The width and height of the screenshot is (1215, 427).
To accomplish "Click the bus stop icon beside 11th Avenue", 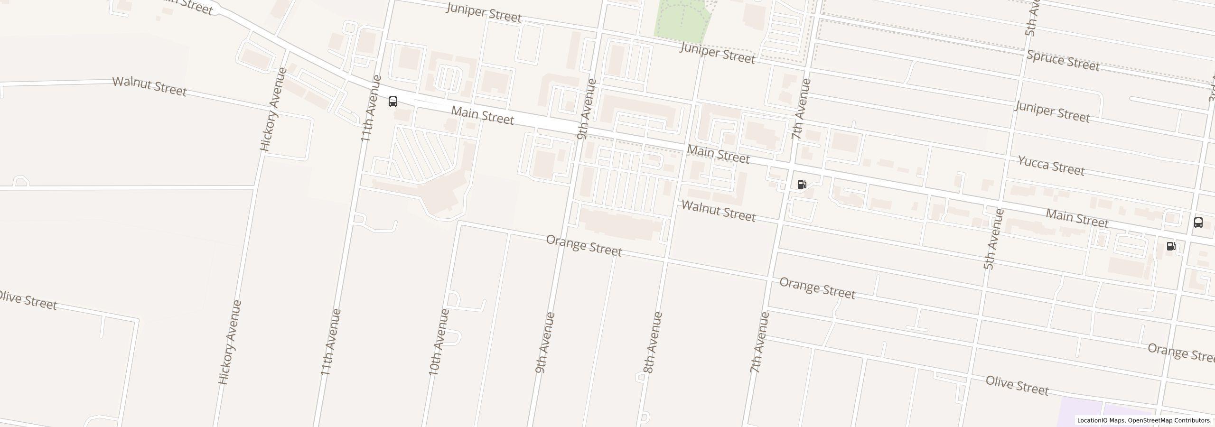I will click(x=393, y=101).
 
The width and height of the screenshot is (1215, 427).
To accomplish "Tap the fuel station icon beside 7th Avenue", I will click(x=802, y=185).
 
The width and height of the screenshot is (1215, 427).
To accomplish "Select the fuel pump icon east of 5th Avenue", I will click(x=1171, y=246).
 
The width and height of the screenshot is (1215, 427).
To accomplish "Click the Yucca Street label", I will click(x=1051, y=166).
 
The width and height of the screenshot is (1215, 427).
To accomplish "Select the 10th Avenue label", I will click(x=439, y=342).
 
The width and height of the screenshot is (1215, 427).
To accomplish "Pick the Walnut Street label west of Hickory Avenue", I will click(x=150, y=86).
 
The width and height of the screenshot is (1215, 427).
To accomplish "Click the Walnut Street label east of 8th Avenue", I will click(x=719, y=211).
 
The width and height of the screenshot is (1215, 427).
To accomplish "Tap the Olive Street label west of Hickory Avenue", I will click(x=28, y=300).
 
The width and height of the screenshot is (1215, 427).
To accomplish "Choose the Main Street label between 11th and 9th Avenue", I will click(x=482, y=115).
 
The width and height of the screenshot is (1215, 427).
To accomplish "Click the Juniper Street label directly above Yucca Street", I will click(x=1052, y=112).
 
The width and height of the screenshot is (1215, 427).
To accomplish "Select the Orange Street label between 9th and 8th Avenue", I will click(x=584, y=245).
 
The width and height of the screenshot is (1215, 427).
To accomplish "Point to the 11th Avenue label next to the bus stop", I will click(x=371, y=108).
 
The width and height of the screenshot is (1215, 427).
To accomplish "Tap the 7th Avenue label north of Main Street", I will click(x=801, y=109).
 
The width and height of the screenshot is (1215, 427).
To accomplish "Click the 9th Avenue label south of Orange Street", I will click(x=545, y=342).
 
